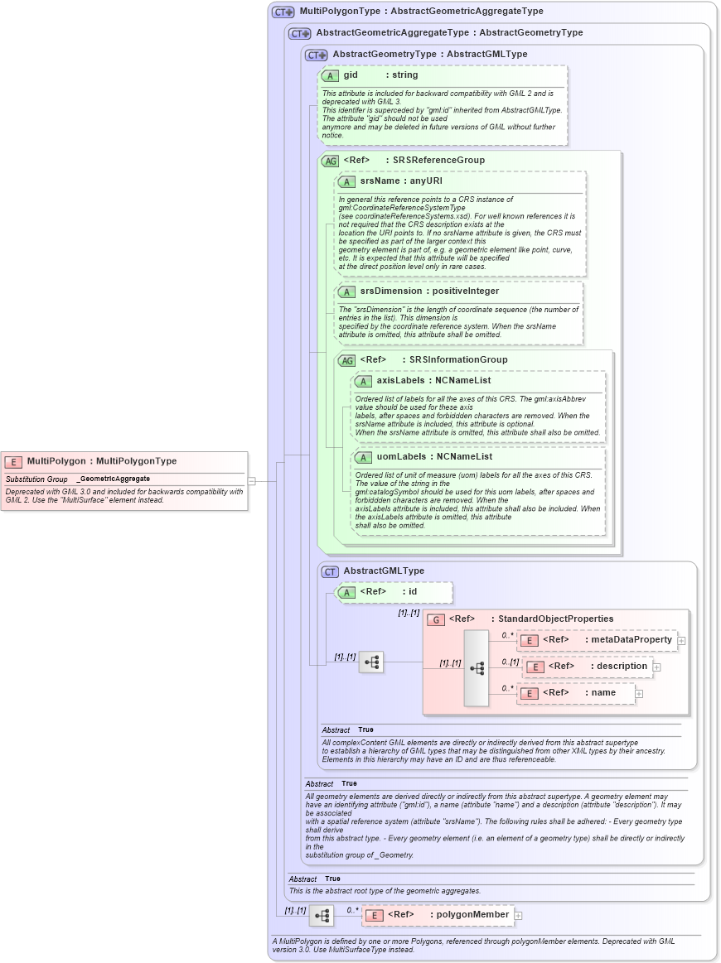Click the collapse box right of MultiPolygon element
(x=251, y=480)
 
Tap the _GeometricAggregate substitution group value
(x=114, y=479)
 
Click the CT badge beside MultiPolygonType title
(x=283, y=12)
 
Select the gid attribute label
(x=351, y=75)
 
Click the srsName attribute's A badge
(x=346, y=181)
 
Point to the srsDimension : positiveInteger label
(x=429, y=291)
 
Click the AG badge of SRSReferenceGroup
(x=330, y=160)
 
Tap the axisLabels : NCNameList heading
(x=433, y=380)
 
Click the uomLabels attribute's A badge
(x=362, y=457)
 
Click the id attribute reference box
(x=394, y=591)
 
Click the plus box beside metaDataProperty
(x=681, y=640)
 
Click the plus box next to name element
(x=639, y=693)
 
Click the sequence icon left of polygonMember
(x=322, y=916)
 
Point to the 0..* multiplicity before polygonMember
(x=353, y=909)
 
